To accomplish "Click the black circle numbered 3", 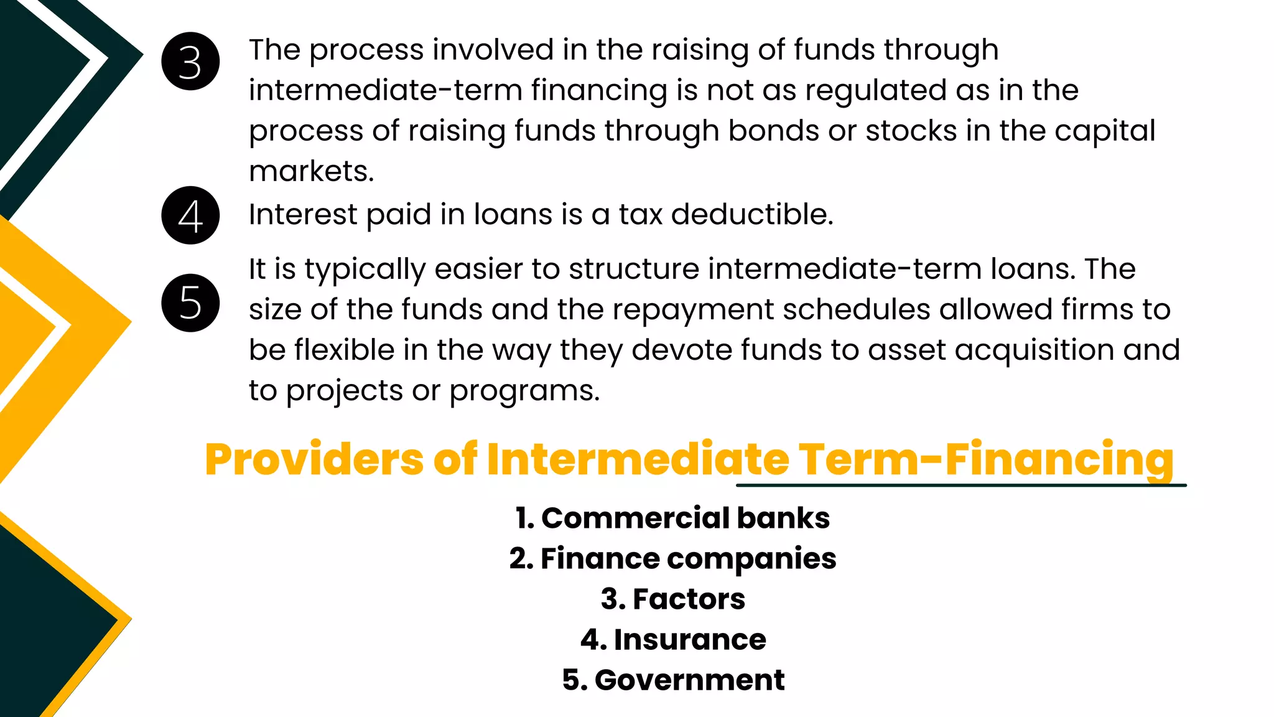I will click(x=190, y=62).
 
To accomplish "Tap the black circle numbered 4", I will click(x=190, y=215).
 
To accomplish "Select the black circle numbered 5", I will click(x=190, y=303).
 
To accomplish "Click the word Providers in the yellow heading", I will click(x=314, y=459).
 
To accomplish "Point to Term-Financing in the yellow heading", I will click(x=985, y=459).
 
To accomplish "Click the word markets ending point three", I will click(x=310, y=171).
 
